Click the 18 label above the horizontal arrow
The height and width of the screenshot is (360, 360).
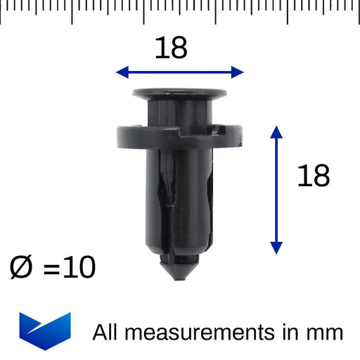point(171,49)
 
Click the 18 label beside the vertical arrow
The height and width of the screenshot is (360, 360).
point(313,176)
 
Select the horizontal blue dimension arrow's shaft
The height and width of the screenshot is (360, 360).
point(179,72)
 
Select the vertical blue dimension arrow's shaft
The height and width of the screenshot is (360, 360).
point(276,190)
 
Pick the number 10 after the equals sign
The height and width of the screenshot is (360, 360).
point(77,268)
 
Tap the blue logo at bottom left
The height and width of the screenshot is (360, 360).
point(46,330)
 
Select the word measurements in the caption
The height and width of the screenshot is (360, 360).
point(198,332)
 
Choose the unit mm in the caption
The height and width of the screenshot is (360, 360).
point(326,333)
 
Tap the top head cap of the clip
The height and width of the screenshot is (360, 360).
point(179,94)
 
